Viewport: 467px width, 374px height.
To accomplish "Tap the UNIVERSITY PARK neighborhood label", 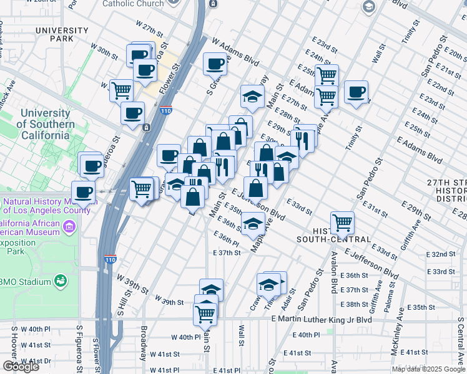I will coord(62,35).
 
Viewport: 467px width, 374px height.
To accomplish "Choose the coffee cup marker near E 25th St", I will coord(356,93).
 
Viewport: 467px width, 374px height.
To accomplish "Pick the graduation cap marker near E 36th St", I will coord(253,223).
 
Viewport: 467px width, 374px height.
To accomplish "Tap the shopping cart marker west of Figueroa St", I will coord(121,90).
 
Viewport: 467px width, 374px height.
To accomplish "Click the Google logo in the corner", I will coord(21,367).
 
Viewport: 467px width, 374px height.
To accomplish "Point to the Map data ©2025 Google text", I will coord(428,369).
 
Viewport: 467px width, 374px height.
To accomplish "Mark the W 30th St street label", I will coord(104,50).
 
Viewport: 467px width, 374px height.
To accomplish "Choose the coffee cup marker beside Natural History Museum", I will coord(83,191).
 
